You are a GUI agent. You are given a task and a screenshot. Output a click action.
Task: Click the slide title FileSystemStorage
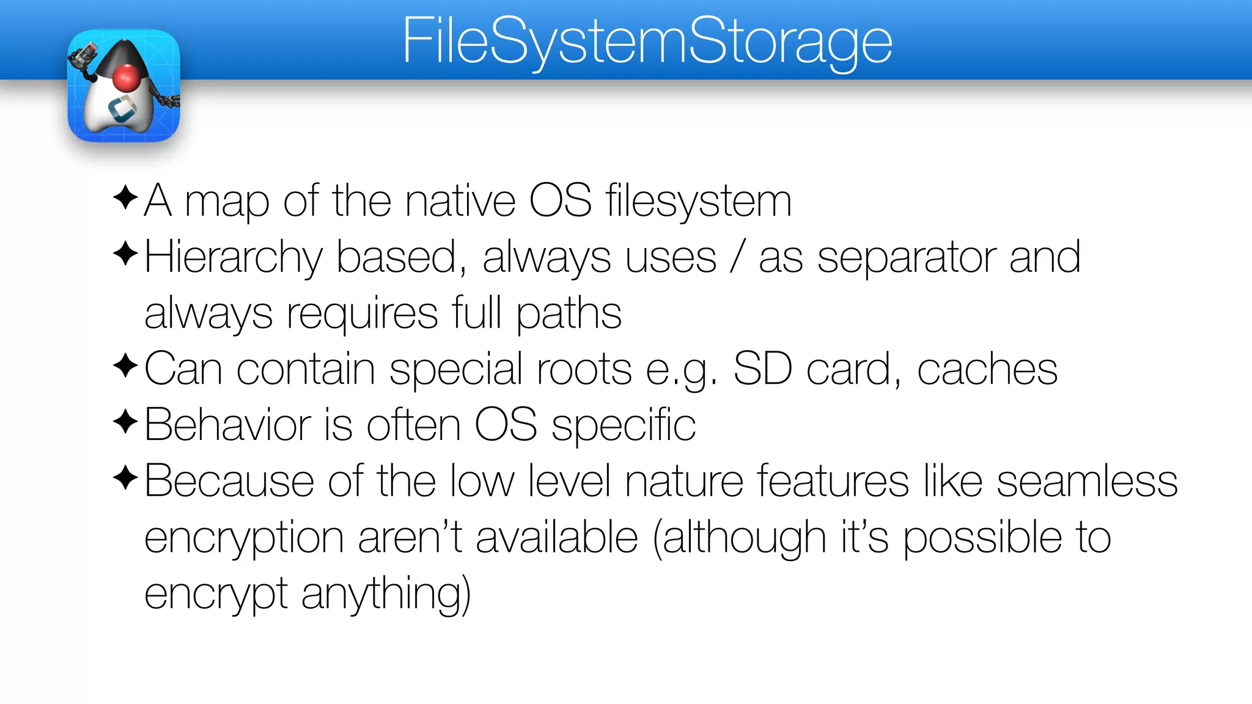point(647,42)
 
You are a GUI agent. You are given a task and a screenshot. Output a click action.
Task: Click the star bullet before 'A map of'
point(125,197)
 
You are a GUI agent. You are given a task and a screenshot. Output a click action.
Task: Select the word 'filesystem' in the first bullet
point(698,200)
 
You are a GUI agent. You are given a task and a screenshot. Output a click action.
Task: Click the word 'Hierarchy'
point(233,257)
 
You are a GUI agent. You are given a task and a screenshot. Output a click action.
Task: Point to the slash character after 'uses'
point(738,257)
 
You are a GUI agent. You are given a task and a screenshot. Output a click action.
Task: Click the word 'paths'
point(569,313)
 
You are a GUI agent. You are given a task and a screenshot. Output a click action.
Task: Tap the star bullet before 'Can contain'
point(125,365)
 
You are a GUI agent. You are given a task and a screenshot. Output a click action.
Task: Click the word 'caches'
point(987,369)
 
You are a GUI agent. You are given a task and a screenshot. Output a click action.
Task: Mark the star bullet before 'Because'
point(125,477)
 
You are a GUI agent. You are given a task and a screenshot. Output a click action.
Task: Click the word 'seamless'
point(1086,481)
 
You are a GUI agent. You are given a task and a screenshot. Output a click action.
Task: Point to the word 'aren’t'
point(410,538)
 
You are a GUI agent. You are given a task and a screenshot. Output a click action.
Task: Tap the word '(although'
point(739,538)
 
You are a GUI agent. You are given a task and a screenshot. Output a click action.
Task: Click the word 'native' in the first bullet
point(460,200)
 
